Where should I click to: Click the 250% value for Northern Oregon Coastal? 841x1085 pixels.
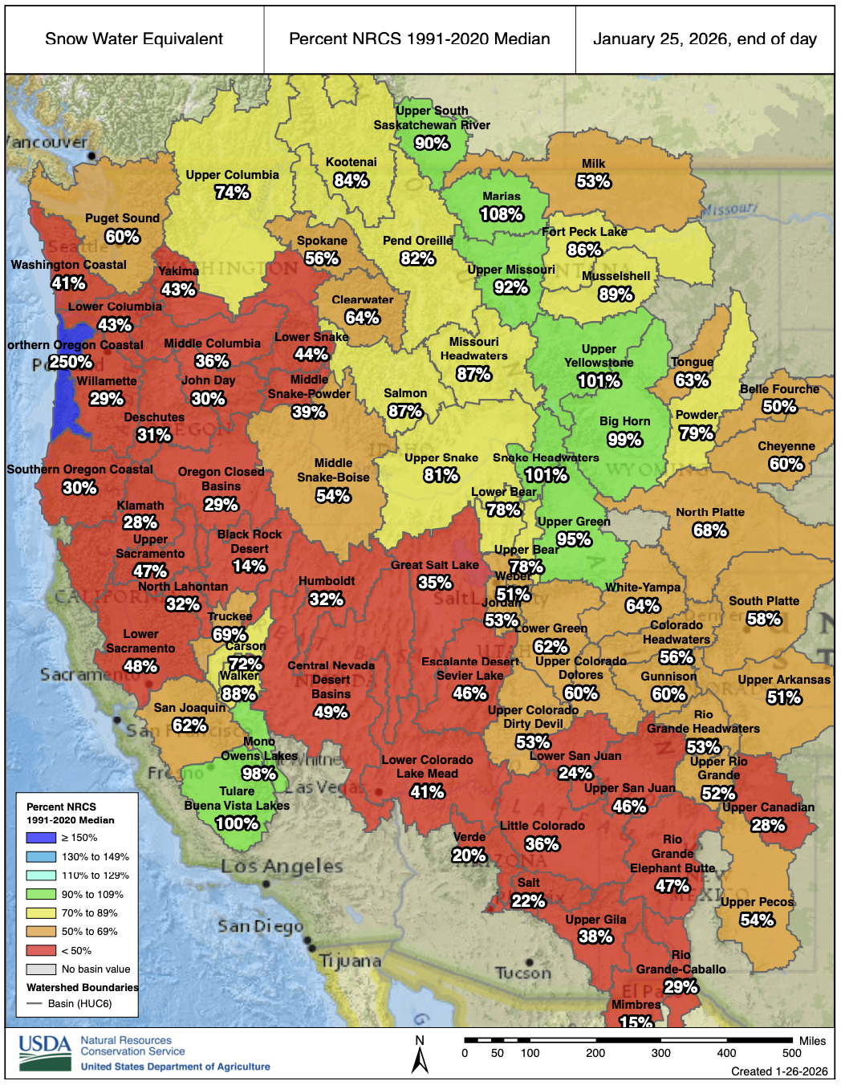click(71, 362)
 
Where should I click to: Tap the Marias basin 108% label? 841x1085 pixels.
click(502, 214)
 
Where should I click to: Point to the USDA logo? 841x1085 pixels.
click(45, 1052)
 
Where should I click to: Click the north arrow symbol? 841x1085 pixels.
click(420, 1055)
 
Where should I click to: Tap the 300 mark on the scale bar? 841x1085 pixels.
click(660, 1053)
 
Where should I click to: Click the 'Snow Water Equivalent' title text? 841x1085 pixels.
click(134, 39)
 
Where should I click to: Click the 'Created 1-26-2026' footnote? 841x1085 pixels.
click(778, 1071)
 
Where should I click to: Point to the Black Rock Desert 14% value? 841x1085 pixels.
click(249, 567)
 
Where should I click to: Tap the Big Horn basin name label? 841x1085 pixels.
click(624, 421)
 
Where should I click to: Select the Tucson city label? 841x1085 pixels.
click(523, 973)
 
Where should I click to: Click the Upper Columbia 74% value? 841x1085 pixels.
click(232, 193)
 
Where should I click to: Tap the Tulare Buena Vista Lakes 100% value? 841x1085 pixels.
click(237, 823)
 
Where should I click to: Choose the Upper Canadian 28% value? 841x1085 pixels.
click(768, 825)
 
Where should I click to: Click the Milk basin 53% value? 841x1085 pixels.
click(593, 181)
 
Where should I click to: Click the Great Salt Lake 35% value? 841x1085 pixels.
click(435, 583)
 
